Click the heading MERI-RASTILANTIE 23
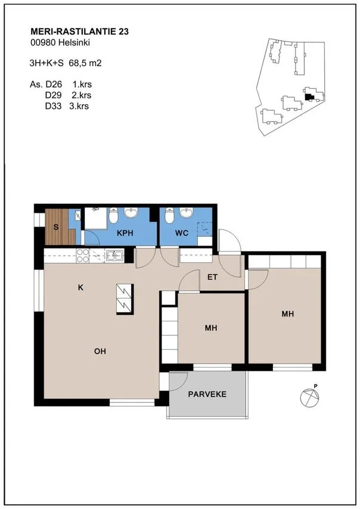coord(79,32)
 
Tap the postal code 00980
coord(43,42)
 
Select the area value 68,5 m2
coord(85,63)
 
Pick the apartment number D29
coord(53,95)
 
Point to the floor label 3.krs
coord(79,106)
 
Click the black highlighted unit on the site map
coord(309,96)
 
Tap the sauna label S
coord(56,227)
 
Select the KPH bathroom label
coord(125,233)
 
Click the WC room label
coord(181,233)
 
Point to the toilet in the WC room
coord(169,216)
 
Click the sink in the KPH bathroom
coord(131,213)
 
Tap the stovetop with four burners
coord(83,256)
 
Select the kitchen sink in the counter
coord(115,256)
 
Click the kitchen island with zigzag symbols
coord(125,299)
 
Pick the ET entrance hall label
coord(212,277)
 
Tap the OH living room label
coord(100,351)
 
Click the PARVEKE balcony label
coord(207,395)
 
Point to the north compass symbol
coord(311,396)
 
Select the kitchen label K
coord(80,287)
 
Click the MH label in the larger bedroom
coord(288,314)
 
